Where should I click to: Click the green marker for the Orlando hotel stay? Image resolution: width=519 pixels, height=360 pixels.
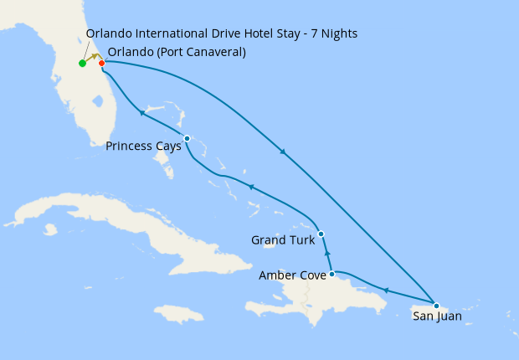82,64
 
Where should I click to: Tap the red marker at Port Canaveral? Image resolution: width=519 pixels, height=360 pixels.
101,63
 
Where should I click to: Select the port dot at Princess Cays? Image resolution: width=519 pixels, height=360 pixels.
187,138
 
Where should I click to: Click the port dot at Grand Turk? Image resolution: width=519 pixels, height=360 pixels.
321,234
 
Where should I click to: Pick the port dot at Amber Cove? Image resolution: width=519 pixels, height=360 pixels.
332,274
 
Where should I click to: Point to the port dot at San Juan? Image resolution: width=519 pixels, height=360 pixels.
436,305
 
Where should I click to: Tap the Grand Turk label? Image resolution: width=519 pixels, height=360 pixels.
283,241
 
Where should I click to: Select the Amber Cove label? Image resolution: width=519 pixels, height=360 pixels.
292,275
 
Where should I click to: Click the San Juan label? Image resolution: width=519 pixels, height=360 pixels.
436,316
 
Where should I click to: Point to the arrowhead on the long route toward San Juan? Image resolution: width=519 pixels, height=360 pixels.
284,152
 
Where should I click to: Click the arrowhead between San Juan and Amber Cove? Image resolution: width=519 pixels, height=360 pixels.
385,290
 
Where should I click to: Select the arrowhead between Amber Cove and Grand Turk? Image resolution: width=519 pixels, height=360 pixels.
327,253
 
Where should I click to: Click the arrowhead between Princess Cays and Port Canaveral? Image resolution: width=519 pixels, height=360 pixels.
143,113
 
